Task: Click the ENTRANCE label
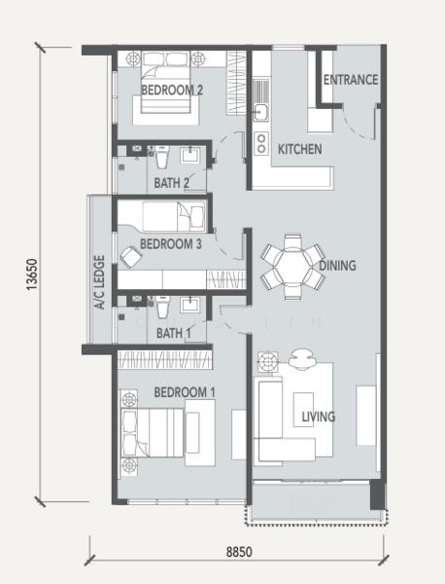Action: [351, 80]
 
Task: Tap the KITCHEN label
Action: [300, 149]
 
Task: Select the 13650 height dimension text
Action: [32, 274]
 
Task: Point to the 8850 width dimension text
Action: [239, 552]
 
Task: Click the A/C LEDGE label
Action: [100, 282]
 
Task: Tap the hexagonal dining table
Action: [293, 266]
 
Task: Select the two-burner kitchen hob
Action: [261, 143]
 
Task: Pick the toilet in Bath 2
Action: [162, 157]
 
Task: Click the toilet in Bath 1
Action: [162, 308]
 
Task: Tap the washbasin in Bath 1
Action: [190, 305]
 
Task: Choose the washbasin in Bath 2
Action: [190, 155]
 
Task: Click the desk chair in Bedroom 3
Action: [131, 257]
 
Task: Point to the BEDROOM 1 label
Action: [185, 392]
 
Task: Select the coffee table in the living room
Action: [303, 410]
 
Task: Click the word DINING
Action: [337, 266]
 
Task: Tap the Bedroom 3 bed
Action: [174, 217]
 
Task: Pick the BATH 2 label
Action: [171, 183]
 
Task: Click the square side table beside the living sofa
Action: [268, 362]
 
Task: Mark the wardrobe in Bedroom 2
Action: [236, 83]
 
